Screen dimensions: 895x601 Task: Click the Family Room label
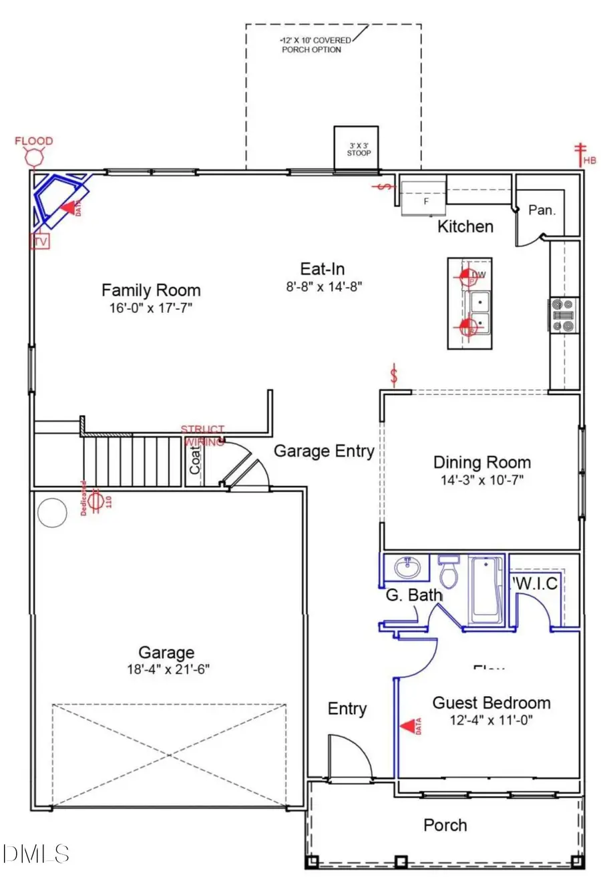pos(151,290)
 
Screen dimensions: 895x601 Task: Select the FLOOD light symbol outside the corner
pos(34,158)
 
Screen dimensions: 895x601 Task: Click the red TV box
pos(40,242)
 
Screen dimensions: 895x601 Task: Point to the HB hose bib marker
pos(582,155)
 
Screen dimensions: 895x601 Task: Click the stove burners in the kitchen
pos(564,315)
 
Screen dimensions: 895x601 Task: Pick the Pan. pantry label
pos(542,210)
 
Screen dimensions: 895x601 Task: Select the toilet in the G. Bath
pos(449,573)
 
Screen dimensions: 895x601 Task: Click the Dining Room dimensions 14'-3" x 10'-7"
pos(482,479)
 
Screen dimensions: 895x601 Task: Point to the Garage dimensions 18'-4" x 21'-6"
pos(168,669)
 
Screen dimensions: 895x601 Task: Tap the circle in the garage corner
pos(51,513)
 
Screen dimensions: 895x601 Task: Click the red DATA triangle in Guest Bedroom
pos(407,726)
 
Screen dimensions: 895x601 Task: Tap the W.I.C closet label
pos(536,584)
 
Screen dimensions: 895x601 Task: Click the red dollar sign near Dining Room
pos(394,376)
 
